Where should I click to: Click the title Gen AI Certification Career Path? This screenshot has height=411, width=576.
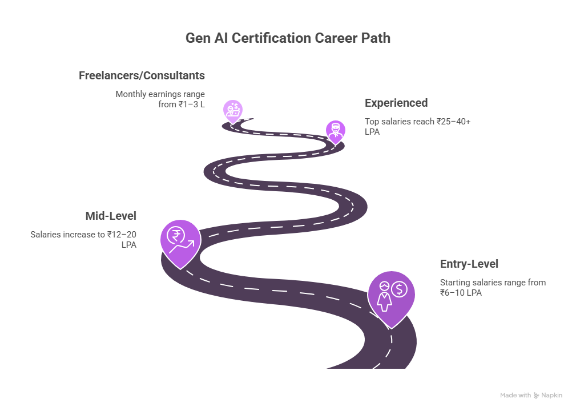pyautogui.click(x=288, y=38)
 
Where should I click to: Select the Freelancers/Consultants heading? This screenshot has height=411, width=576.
pyautogui.click(x=142, y=75)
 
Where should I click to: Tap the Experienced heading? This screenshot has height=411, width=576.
pyautogui.click(x=396, y=103)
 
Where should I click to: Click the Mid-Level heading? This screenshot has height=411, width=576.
pyautogui.click(x=111, y=216)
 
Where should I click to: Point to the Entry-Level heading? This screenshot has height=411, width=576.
pyautogui.click(x=469, y=264)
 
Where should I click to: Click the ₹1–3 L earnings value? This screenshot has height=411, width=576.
pyautogui.click(x=191, y=104)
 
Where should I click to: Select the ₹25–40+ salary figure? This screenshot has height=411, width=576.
pyautogui.click(x=453, y=122)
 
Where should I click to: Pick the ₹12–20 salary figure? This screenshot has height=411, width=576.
pyautogui.click(x=122, y=235)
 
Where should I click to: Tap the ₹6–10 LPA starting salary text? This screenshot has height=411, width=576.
pyautogui.click(x=461, y=292)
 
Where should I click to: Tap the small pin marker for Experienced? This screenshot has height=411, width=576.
pyautogui.click(x=335, y=131)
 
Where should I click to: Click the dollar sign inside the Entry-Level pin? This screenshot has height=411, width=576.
pyautogui.click(x=399, y=289)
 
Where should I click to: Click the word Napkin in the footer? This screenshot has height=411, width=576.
pyautogui.click(x=552, y=395)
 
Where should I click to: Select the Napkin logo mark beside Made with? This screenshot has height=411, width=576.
pyautogui.click(x=537, y=395)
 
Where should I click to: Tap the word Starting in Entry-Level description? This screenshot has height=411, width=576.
pyautogui.click(x=454, y=283)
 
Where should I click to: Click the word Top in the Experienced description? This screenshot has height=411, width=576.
pyautogui.click(x=371, y=122)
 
